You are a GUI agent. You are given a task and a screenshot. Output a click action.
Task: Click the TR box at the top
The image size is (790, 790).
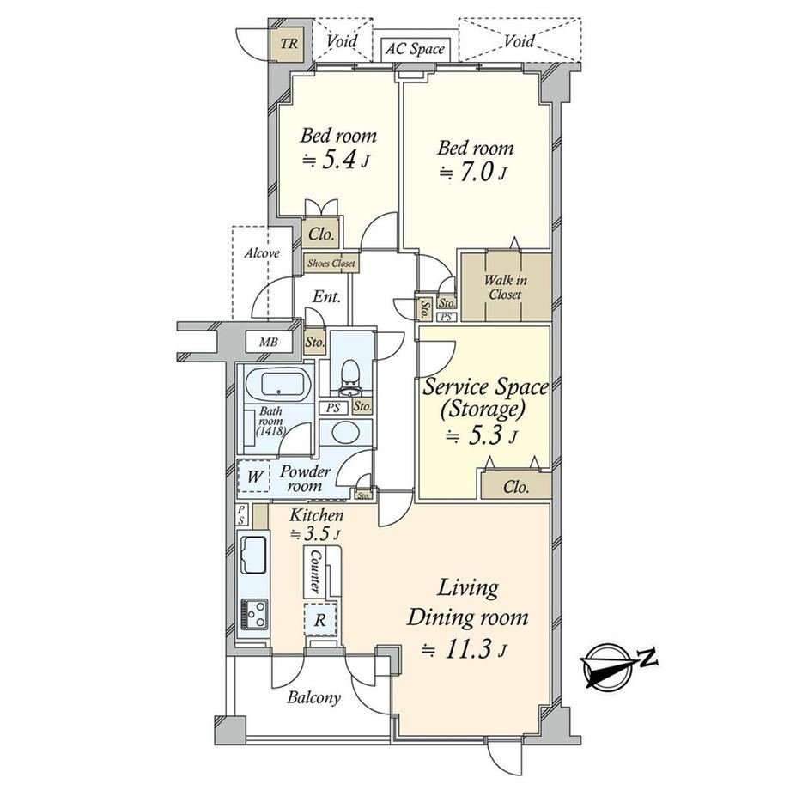[x=289, y=44]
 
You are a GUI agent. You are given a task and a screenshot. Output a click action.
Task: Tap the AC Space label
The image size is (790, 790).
[x=415, y=49]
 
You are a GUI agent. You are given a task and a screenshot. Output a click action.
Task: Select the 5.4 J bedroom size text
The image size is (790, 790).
[x=336, y=161]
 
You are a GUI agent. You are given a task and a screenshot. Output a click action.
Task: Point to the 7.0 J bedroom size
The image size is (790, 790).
[x=472, y=173]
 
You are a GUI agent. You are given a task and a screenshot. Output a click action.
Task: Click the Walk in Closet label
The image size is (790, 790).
[x=505, y=287]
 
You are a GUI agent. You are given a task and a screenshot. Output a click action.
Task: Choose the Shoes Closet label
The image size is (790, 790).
[x=331, y=263]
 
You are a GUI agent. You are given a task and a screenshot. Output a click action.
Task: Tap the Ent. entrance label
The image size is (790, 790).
[x=326, y=297]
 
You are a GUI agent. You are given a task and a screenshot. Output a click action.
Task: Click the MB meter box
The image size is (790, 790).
[x=269, y=343]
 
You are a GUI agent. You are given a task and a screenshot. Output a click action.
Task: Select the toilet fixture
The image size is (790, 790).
[x=349, y=379]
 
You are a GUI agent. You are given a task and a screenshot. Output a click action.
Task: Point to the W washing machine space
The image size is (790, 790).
[x=254, y=476]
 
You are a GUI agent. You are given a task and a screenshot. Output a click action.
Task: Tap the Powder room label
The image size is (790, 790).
[x=304, y=478]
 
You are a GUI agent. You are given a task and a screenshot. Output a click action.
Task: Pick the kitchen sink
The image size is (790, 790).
[x=254, y=554]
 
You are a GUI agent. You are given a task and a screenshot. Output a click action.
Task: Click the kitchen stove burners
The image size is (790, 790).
[x=254, y=614]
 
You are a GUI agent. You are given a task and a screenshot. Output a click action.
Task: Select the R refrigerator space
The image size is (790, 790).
[x=320, y=619]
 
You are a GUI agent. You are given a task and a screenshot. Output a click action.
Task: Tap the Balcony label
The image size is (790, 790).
[x=313, y=697]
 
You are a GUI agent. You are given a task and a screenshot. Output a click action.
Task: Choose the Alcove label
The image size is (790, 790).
[x=262, y=252]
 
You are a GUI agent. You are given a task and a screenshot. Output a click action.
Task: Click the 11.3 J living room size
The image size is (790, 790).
[x=464, y=650]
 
